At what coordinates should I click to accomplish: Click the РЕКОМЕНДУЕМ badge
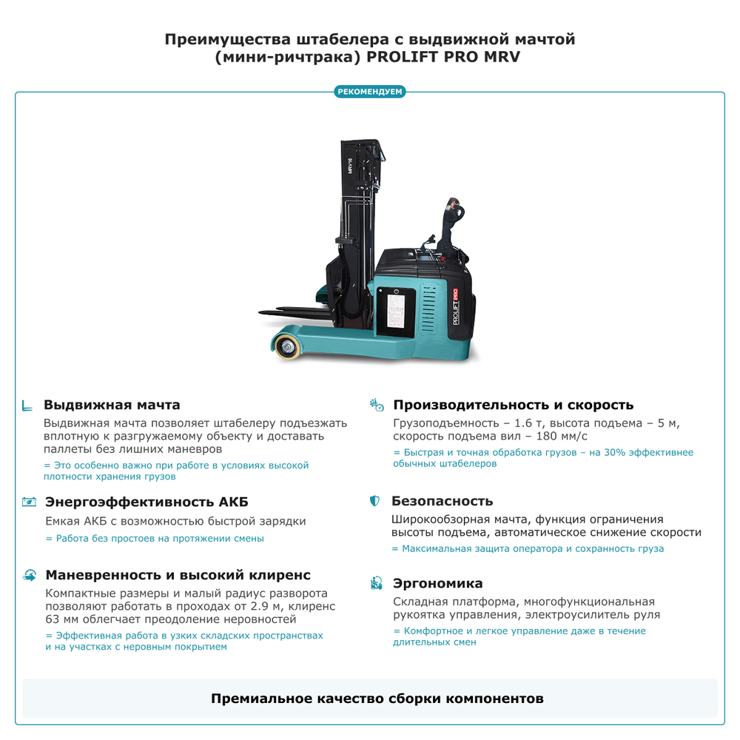pos(370,92)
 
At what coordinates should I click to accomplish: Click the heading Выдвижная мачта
pos(112,405)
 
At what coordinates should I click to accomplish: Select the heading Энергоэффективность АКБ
pos(147,502)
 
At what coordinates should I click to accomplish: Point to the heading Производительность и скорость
pos(513,405)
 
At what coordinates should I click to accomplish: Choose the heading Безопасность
pos(442,501)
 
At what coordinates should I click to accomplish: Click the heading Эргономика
pos(437,583)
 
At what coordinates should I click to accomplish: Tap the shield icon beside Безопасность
pos(375,502)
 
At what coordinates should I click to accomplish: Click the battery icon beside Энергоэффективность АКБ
pos(29,502)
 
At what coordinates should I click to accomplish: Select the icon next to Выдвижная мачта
pos(27,406)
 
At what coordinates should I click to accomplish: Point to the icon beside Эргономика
pos(376,583)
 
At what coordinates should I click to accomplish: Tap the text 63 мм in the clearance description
pos(62,619)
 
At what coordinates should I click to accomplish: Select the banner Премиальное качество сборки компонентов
pos(370,699)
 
